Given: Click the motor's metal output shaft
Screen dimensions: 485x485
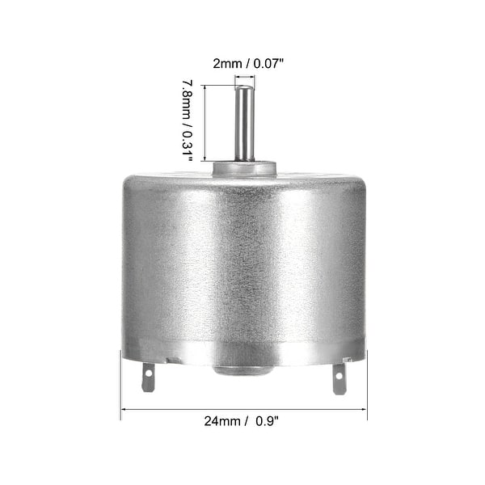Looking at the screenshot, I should click(243, 125).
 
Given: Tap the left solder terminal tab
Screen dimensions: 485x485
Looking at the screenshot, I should click(148, 377).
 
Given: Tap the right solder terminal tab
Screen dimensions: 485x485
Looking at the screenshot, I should click(339, 377).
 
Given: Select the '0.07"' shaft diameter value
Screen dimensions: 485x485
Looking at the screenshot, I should click(270, 61).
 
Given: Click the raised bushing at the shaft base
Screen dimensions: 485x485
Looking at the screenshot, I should click(243, 168).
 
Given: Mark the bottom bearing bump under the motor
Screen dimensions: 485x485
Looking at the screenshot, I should click(243, 369).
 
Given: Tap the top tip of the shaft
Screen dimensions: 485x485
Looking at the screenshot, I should click(243, 86).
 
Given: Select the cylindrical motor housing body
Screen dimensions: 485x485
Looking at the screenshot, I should click(243, 267).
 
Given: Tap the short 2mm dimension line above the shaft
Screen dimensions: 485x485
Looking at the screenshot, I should click(244, 77).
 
